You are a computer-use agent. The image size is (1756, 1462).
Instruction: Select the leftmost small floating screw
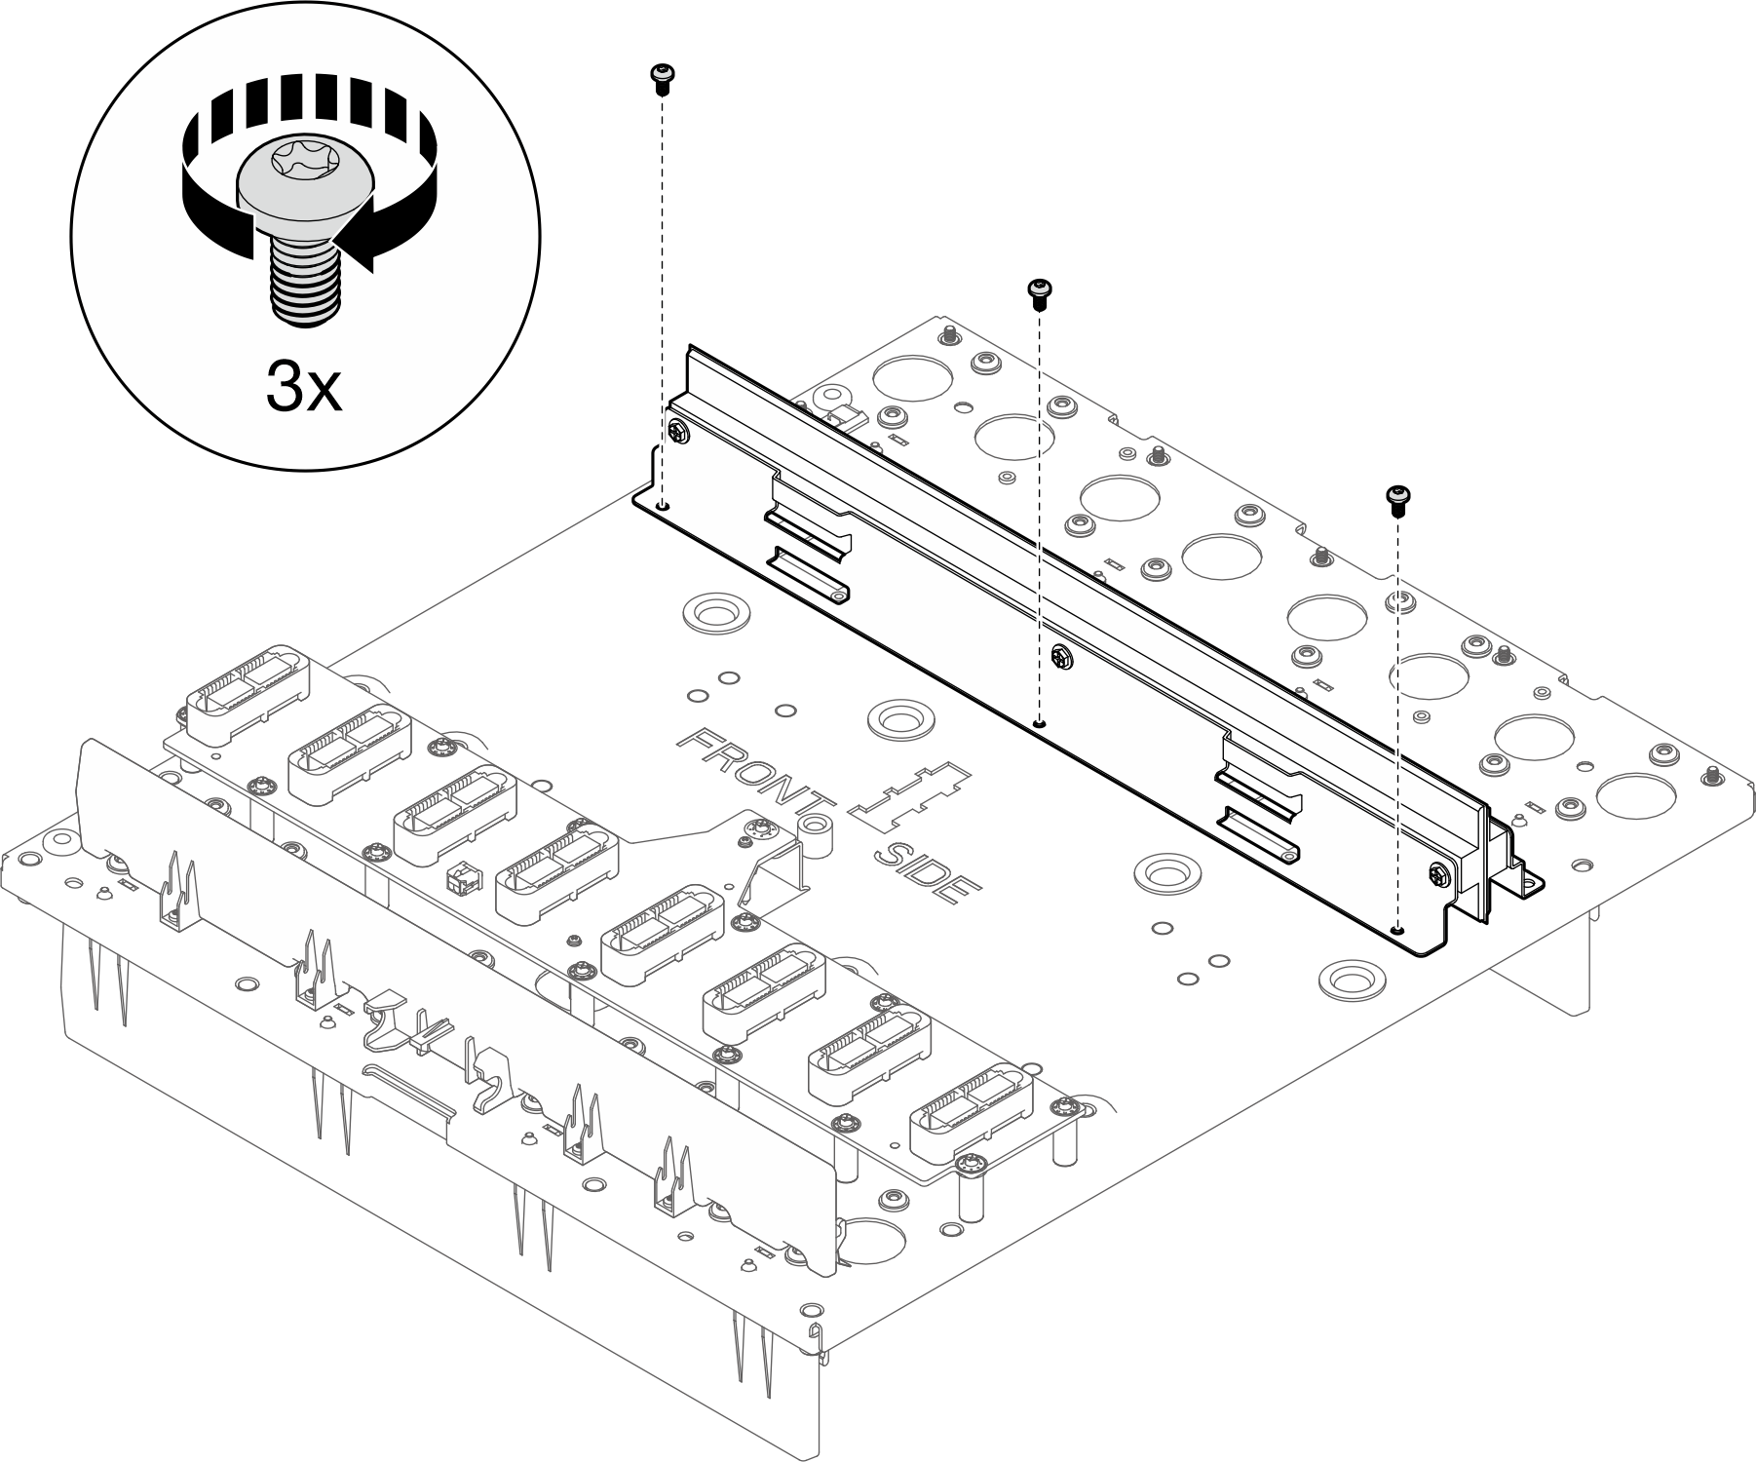(663, 77)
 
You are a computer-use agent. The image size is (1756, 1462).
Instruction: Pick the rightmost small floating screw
(1398, 498)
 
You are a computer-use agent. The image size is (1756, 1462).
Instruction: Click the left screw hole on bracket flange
(663, 506)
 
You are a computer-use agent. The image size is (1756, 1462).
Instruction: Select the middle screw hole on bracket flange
(1040, 723)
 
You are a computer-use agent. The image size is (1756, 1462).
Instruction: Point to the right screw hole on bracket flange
(1398, 929)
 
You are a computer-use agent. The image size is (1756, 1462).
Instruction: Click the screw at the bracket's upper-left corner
(677, 434)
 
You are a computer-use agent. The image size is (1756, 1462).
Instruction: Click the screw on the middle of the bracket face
(1061, 658)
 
